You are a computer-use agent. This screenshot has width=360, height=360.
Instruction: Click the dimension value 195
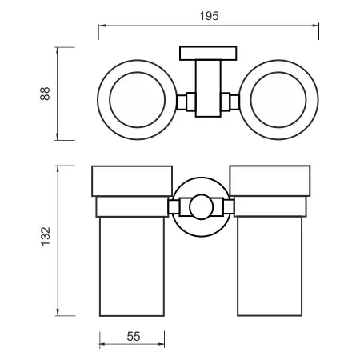click(209, 16)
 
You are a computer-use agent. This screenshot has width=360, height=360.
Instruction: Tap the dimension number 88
click(45, 94)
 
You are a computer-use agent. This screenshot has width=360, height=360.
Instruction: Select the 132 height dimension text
click(46, 236)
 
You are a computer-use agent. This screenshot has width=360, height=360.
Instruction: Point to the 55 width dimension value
click(134, 337)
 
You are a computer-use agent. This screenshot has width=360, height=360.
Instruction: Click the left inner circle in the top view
click(138, 72)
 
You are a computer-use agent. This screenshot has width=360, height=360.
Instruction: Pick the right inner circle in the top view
click(278, 72)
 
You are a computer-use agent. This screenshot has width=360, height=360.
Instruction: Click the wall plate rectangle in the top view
click(208, 54)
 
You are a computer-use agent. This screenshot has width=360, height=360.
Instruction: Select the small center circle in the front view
click(202, 195)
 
